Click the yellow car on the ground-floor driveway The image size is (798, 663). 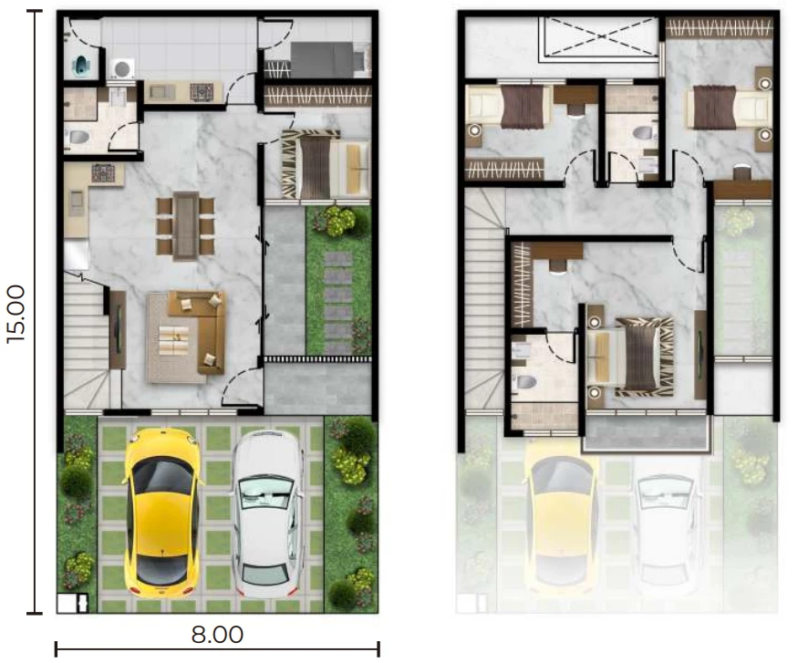[x=161, y=513]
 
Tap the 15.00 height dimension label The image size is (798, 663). [x=16, y=314]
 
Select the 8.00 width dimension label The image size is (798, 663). [x=217, y=635]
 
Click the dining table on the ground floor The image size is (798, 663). [x=186, y=226]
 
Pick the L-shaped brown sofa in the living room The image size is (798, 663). [x=198, y=332]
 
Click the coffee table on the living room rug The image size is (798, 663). [x=174, y=340]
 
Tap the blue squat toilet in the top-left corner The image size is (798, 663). [x=81, y=65]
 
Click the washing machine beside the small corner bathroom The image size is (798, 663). [x=122, y=68]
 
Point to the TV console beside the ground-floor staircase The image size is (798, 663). [x=118, y=329]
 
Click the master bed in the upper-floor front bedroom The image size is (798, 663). [x=630, y=357]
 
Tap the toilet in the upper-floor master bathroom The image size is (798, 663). [x=525, y=381]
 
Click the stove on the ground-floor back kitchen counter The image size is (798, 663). [x=202, y=91]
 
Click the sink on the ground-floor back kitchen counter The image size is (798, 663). [x=161, y=91]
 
